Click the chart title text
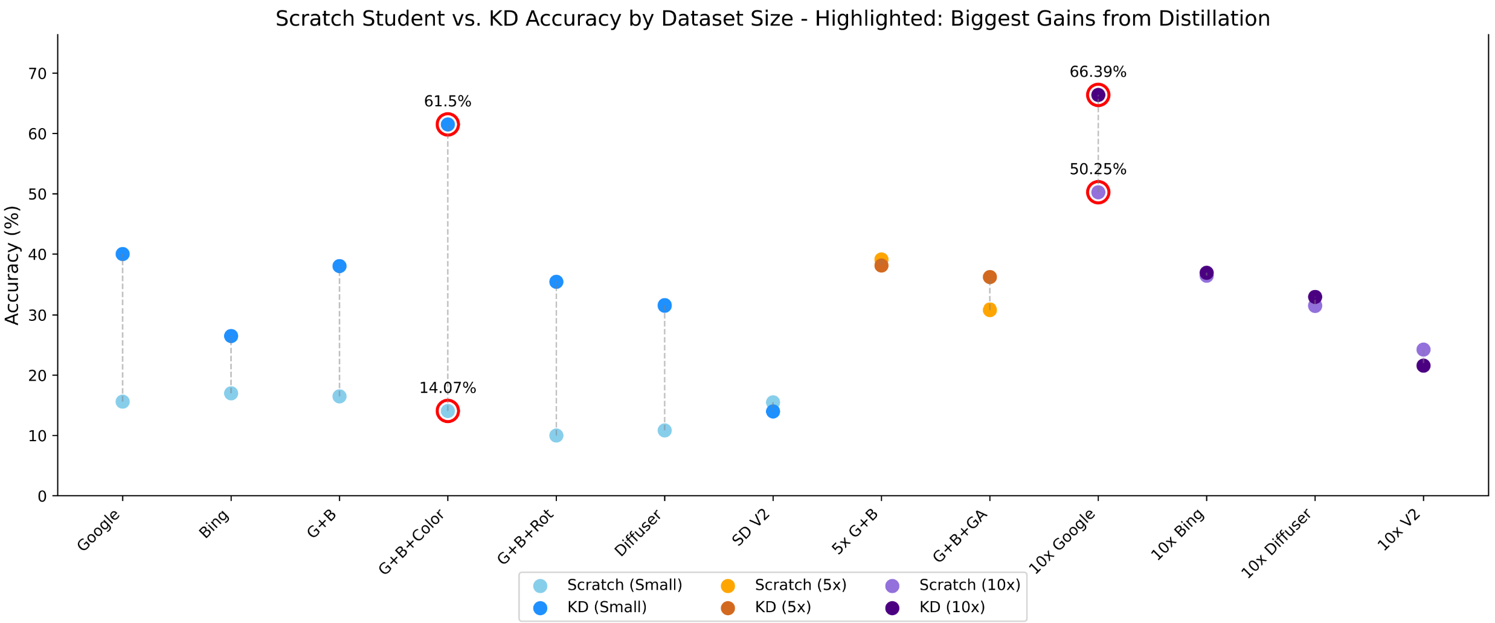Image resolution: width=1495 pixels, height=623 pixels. point(773,19)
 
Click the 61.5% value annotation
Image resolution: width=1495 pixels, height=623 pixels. point(448,102)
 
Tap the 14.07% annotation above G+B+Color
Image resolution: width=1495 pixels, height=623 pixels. point(448,388)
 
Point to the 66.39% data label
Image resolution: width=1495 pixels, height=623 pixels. point(1098,73)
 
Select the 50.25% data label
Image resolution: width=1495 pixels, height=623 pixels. point(1098,170)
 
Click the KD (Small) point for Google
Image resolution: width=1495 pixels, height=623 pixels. point(123,254)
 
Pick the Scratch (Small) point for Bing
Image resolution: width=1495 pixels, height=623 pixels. point(231,393)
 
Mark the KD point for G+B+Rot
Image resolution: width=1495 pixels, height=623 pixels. point(556,282)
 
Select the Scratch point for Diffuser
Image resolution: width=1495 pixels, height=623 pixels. point(664,430)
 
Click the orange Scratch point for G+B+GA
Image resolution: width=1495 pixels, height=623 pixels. point(989,310)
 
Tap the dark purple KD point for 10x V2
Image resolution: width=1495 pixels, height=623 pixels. point(1423,366)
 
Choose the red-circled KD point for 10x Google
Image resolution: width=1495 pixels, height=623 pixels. point(1098,95)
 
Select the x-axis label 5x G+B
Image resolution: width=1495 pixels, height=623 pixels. point(855,532)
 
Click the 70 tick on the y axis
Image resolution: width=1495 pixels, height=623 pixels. point(37,74)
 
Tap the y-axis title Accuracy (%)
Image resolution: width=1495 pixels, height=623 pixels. point(12,265)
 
